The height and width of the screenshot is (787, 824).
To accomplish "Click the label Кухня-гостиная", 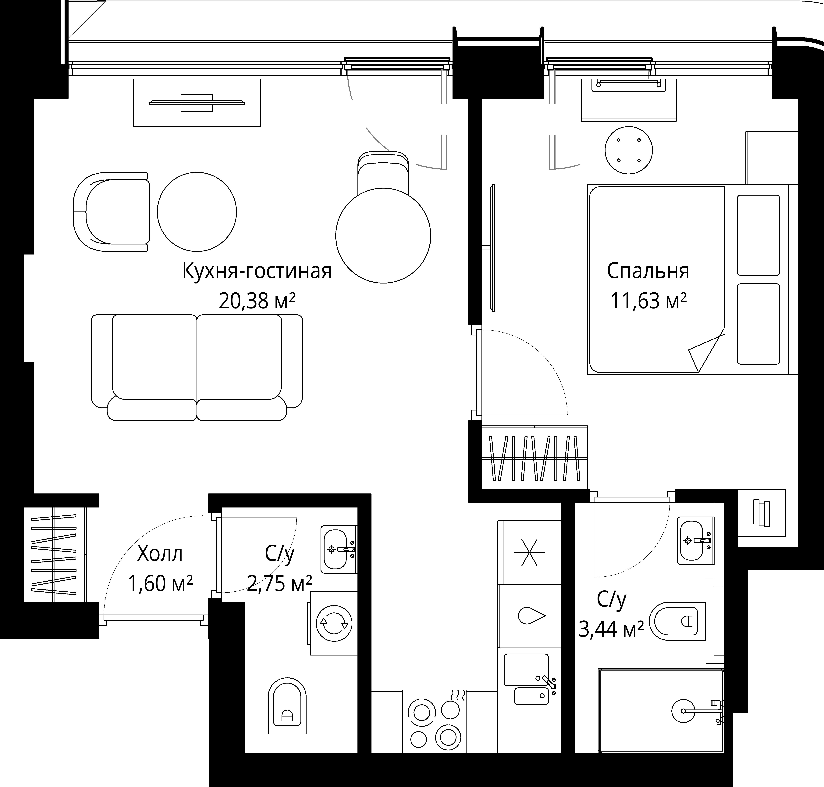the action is point(257,271).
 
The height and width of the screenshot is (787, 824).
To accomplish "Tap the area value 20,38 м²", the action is point(257,301).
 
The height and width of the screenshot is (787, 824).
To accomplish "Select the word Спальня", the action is point(648,271).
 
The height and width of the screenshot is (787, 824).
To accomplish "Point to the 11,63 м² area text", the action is point(648,301).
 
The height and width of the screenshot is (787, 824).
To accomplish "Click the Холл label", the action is point(160,554).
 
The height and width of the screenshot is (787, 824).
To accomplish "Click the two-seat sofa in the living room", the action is point(197,367).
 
